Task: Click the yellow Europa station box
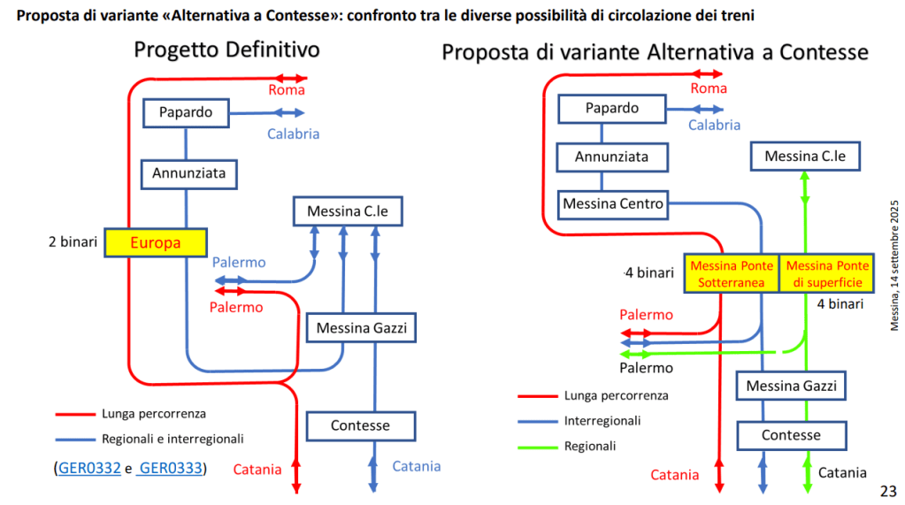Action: [156, 242]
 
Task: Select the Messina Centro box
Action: [612, 203]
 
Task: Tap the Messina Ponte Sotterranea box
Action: [732, 274]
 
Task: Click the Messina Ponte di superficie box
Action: [828, 274]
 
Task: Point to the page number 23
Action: [888, 491]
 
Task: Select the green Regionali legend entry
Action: [590, 446]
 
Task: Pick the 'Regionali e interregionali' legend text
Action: [173, 438]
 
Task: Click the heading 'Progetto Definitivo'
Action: [226, 50]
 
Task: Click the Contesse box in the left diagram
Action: [360, 425]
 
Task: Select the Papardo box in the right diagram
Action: [612, 109]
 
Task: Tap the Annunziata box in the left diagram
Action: [189, 173]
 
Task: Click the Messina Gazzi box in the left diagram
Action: [360, 329]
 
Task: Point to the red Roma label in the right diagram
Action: [709, 88]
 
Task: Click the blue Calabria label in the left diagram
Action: [293, 134]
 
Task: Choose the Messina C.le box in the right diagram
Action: [805, 157]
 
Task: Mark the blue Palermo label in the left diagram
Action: [239, 263]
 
